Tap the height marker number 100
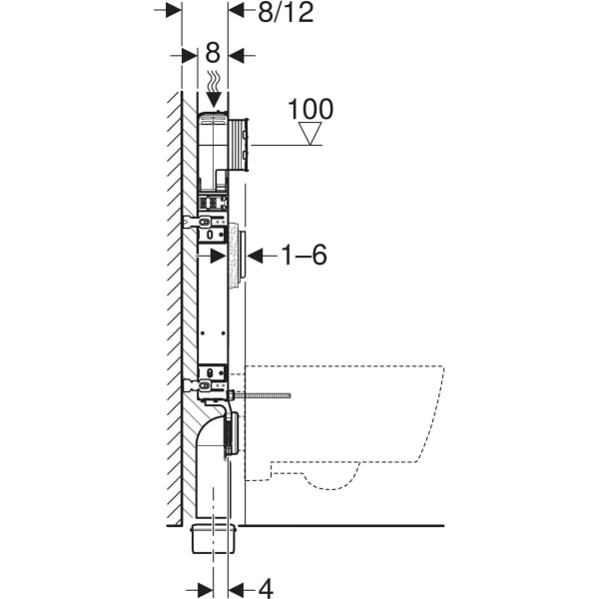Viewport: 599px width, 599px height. click(310, 110)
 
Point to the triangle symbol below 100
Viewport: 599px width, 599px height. click(311, 135)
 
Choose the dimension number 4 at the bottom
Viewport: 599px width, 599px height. click(267, 588)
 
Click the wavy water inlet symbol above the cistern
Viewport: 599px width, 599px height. click(213, 79)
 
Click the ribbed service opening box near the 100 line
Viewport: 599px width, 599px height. click(240, 143)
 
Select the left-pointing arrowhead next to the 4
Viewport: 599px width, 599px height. click(237, 588)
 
